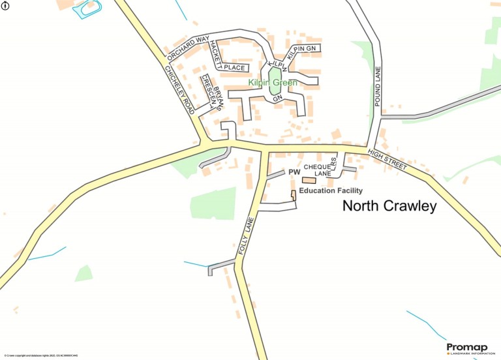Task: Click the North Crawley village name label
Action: [x=389, y=207]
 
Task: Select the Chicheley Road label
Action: [x=179, y=91]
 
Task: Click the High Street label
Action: [x=387, y=160]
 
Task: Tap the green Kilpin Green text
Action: [x=273, y=83]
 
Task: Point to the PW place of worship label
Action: [x=294, y=173]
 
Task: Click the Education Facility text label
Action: [x=330, y=190]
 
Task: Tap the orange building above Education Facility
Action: [x=309, y=180]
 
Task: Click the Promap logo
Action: [x=468, y=348]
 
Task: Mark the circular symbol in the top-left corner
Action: [x=6, y=6]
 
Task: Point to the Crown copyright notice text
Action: [x=40, y=355]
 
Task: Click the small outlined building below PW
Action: [x=293, y=195]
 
